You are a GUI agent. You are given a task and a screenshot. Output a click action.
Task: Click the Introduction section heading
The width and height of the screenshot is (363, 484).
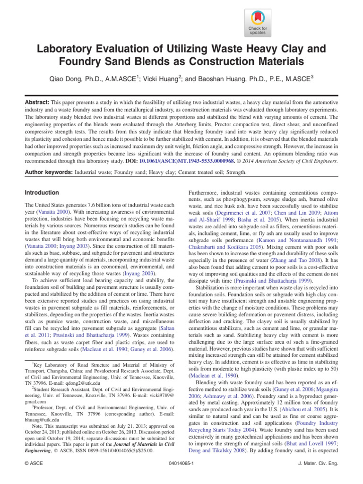[x=42, y=193]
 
